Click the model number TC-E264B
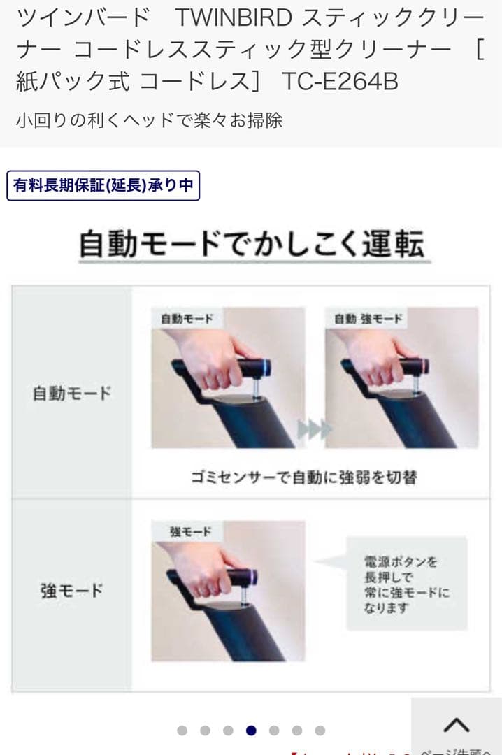point(340,82)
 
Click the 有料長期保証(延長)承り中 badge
point(103,186)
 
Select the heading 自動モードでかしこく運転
point(251,244)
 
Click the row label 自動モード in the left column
point(72,393)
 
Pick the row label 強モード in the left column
point(72,591)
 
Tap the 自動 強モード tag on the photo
point(368,319)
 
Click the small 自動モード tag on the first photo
point(187,319)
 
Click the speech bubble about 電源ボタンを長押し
point(406,583)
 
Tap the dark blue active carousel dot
point(251,731)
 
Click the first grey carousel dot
point(182,731)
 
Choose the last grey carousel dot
point(320,731)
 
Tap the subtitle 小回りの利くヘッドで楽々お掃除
point(149,120)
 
